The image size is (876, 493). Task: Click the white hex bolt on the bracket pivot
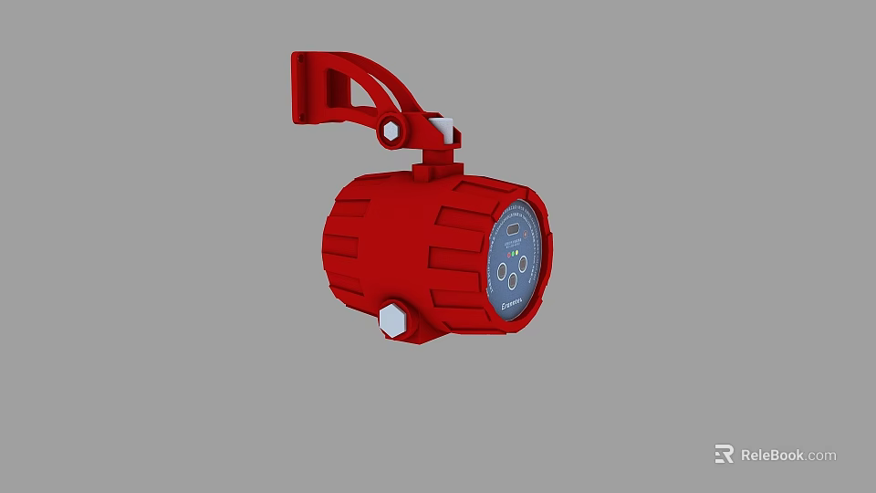391,131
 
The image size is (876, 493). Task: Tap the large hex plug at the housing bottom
392,320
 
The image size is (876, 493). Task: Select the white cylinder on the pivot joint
444,130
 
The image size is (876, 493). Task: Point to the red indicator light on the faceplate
508,254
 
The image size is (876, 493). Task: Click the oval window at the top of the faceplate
513,228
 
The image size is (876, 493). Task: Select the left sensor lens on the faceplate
502,270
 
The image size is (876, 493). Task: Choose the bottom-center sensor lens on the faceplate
513,281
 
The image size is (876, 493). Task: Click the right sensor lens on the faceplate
523,263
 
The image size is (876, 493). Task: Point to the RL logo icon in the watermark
724,454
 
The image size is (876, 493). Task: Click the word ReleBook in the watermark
772,455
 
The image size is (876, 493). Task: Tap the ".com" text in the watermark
821,455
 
